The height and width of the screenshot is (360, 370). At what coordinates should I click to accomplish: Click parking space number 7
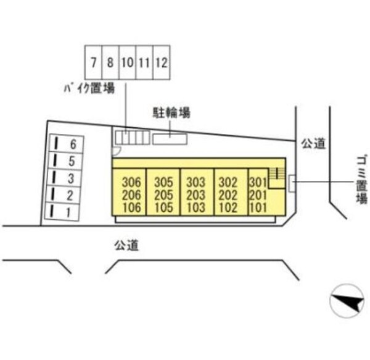pyautogui.click(x=94, y=62)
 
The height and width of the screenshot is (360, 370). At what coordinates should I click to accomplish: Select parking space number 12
pyautogui.click(x=162, y=62)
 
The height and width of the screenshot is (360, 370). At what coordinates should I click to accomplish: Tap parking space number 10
pyautogui.click(x=128, y=62)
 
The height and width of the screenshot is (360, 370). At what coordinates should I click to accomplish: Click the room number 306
pyautogui.click(x=131, y=182)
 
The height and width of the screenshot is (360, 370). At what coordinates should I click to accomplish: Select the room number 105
pyautogui.click(x=164, y=207)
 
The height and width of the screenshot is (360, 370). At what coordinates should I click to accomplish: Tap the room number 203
pyautogui.click(x=196, y=195)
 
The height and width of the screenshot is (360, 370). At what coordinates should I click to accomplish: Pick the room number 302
pyautogui.click(x=228, y=182)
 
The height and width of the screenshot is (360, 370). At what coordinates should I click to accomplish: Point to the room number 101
pyautogui.click(x=258, y=207)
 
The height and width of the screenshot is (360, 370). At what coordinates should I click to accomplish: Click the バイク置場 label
pyautogui.click(x=89, y=88)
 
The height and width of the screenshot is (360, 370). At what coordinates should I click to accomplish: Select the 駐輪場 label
pyautogui.click(x=171, y=112)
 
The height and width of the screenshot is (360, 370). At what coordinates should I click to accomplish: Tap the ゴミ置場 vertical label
pyautogui.click(x=362, y=179)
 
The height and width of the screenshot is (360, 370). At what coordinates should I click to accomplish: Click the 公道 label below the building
pyautogui.click(x=126, y=245)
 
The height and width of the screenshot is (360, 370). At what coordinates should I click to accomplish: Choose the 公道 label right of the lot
pyautogui.click(x=313, y=143)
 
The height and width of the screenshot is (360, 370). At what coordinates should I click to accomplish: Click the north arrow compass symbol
pyautogui.click(x=347, y=301)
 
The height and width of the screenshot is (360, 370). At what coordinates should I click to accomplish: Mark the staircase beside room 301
pyautogui.click(x=277, y=178)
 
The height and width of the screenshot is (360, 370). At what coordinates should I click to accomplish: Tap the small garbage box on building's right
pyautogui.click(x=292, y=183)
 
